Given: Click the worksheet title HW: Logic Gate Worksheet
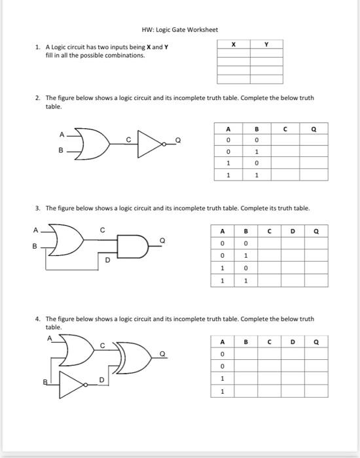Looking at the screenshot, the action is [x=180, y=30].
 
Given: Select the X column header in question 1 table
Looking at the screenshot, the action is [x=234, y=44].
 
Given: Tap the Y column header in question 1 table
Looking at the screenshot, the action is [x=266, y=44].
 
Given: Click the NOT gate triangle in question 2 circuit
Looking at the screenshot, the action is [x=150, y=144].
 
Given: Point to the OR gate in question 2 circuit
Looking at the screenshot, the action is [x=92, y=144].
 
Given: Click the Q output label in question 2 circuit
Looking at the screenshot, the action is [x=178, y=140].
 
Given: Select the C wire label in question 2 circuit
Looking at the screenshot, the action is [x=128, y=140].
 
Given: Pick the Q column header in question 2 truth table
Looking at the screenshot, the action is [x=314, y=129].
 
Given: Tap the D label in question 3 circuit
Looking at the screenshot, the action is [x=107, y=260].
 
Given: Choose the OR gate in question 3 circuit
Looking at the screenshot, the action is [x=66, y=240].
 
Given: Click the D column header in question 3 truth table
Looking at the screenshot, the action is [x=293, y=232].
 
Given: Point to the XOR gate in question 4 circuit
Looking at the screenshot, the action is [x=134, y=358].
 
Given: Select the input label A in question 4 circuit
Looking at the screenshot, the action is [x=50, y=338].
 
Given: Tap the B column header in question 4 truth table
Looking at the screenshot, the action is [x=245, y=342].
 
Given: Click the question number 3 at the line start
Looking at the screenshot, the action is [x=37, y=208].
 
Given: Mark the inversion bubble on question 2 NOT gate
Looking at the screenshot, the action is [x=164, y=144].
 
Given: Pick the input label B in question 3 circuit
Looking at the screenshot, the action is [x=35, y=246].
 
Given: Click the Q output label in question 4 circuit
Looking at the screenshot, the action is [x=162, y=354].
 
